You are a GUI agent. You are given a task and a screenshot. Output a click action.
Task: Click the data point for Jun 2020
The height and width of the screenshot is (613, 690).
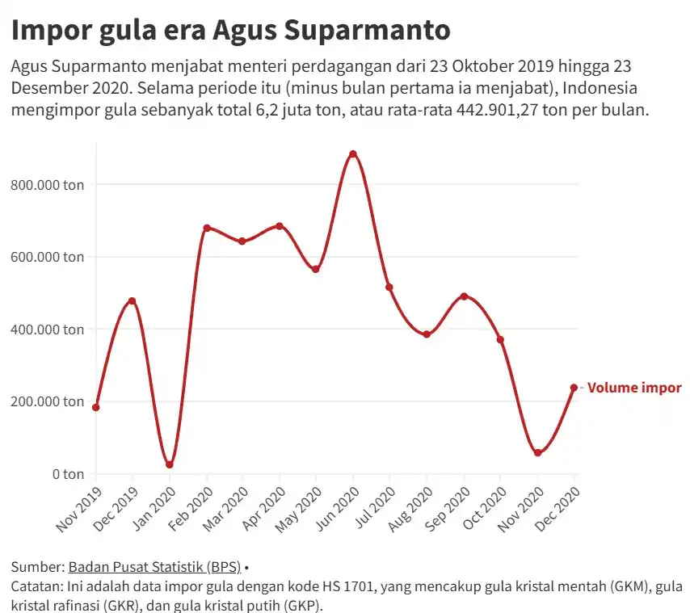point(352,154)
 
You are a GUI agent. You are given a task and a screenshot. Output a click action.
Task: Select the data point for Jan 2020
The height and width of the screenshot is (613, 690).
point(169,464)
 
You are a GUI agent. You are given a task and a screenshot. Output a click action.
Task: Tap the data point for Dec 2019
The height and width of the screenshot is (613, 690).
point(132,301)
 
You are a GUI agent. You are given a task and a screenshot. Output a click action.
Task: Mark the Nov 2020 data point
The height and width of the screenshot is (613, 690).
point(537,453)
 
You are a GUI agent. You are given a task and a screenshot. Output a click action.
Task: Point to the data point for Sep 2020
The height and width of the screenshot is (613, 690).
point(464,296)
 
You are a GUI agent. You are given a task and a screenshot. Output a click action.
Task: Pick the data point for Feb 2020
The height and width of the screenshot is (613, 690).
point(206,228)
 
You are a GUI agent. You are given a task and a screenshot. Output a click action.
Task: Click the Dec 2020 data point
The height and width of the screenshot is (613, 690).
point(574,388)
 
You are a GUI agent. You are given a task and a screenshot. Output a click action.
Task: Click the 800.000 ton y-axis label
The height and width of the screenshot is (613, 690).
point(48,185)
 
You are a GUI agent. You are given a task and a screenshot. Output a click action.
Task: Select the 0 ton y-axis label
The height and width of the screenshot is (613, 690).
point(68,473)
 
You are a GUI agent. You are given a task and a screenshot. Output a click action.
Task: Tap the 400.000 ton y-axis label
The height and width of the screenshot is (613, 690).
point(48,330)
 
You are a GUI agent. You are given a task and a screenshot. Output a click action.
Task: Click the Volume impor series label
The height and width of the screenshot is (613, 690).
point(634,388)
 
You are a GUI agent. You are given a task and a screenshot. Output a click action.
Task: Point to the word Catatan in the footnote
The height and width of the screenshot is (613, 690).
point(36,586)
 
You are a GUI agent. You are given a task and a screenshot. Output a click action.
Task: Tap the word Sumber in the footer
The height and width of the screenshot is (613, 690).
point(35,566)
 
